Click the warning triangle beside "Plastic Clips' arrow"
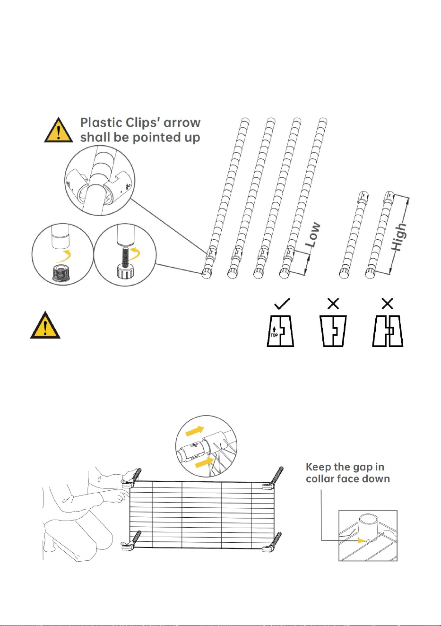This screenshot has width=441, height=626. pyautogui.click(x=59, y=130)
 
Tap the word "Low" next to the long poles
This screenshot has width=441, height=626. pyautogui.click(x=313, y=234)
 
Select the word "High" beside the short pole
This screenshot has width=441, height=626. pyautogui.click(x=398, y=237)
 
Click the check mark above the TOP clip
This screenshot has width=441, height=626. pyautogui.click(x=282, y=304)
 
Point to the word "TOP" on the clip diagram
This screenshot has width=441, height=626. pyautogui.click(x=274, y=335)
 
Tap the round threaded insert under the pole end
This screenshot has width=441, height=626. pyautogui.click(x=61, y=274)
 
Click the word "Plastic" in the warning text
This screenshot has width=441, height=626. pyautogui.click(x=101, y=122)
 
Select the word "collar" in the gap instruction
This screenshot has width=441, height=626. pyautogui.click(x=320, y=479)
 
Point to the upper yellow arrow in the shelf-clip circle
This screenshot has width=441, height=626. pyautogui.click(x=195, y=431)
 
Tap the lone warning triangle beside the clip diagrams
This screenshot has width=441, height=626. pyautogui.click(x=45, y=325)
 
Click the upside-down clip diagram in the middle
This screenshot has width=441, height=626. pyautogui.click(x=333, y=331)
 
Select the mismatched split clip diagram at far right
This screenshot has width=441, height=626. pyautogui.click(x=388, y=331)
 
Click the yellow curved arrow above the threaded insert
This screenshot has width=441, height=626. pyautogui.click(x=64, y=256)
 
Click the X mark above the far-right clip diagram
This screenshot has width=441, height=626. pyautogui.click(x=388, y=304)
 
